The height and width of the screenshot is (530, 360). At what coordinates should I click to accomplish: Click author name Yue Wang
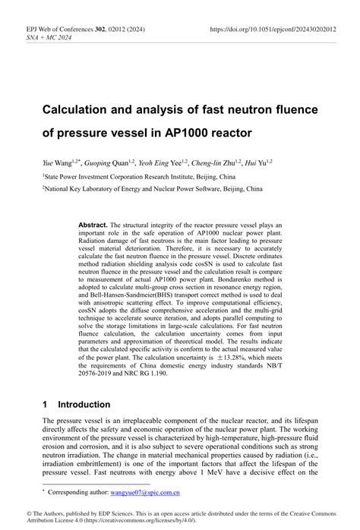pyautogui.click(x=59, y=162)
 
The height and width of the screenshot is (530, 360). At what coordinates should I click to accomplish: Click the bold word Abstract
pyautogui.click(x=93, y=226)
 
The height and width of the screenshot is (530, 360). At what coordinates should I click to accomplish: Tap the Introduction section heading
pyautogui.click(x=84, y=405)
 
